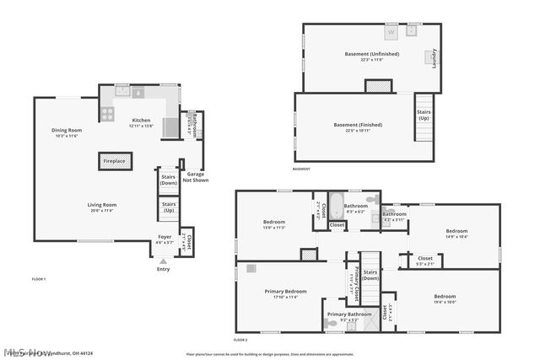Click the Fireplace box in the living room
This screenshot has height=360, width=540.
click(x=114, y=160)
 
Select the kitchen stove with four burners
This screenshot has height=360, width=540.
click(x=108, y=114)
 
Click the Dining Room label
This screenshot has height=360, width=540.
click(x=66, y=130)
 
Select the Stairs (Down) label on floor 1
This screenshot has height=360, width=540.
click(x=169, y=180)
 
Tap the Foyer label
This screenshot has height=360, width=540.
click(x=165, y=237)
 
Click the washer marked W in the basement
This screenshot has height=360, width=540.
click(x=391, y=32)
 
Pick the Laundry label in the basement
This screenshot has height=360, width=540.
click(x=435, y=57)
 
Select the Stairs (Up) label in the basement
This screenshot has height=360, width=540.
click(x=424, y=114)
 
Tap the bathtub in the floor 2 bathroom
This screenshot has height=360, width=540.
click(x=335, y=205)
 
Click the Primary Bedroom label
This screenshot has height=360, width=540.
click(x=285, y=292)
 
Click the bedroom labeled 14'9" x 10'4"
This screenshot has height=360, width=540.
click(x=456, y=233)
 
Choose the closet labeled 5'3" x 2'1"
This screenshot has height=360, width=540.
click(x=424, y=260)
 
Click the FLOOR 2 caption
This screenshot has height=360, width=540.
click(x=240, y=339)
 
